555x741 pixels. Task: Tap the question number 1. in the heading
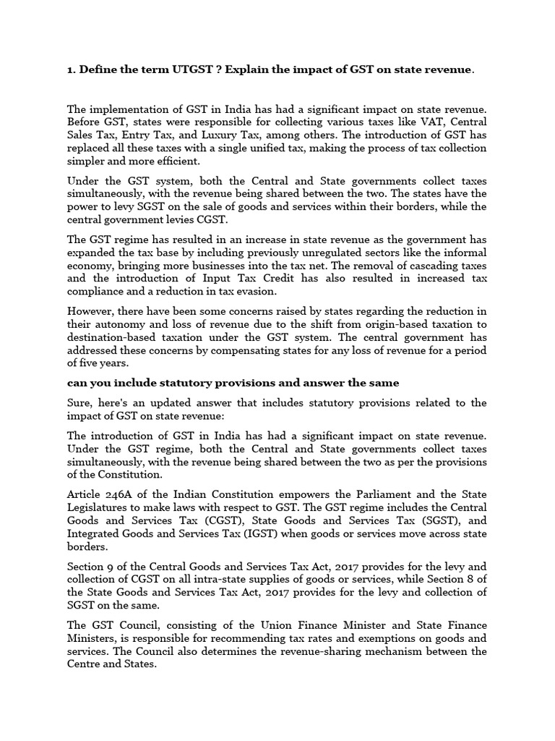click(x=72, y=69)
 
